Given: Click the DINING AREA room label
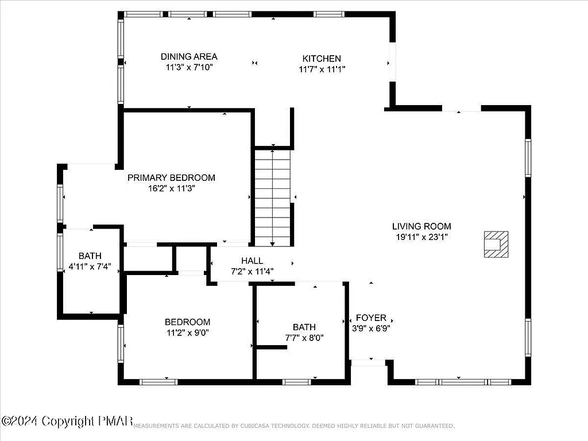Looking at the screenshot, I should (189, 56).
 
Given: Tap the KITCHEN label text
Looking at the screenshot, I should (322, 59).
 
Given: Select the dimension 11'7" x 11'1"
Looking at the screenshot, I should (322, 69).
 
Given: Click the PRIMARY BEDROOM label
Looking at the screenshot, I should (171, 177).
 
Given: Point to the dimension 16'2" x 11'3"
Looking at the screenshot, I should (172, 188).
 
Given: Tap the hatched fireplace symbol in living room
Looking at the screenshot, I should (495, 244).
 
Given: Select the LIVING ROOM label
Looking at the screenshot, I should (421, 226).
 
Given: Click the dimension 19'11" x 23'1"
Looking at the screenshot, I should (421, 237).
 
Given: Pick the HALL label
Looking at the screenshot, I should (252, 261).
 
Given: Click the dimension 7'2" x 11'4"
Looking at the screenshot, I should (252, 271).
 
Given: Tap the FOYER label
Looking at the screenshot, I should (371, 318).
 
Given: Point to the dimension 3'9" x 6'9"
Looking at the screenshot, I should (371, 328).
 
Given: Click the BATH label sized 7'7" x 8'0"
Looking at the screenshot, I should (304, 327).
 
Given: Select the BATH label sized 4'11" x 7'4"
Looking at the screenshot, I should (90, 256).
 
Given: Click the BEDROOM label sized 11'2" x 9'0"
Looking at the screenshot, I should (187, 322).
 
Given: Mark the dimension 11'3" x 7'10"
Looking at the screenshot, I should (189, 67).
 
